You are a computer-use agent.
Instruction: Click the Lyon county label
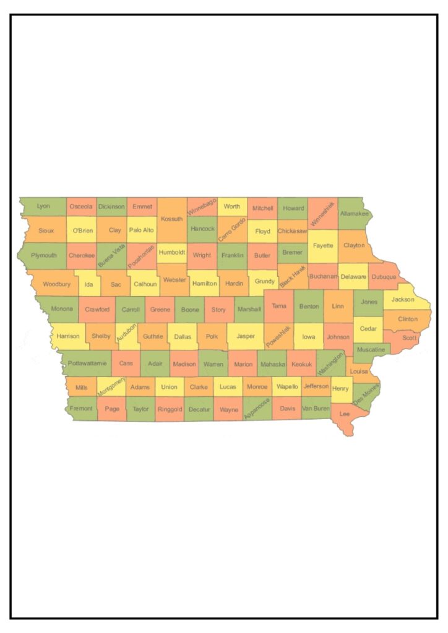pos(43,206)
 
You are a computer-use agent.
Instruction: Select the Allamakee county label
pos(354,214)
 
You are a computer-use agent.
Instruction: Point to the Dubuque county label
pos(384,277)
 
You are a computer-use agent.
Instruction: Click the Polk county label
pos(212,336)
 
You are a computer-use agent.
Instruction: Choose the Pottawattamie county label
pos(87,363)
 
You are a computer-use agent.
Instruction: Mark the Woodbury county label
pos(56,284)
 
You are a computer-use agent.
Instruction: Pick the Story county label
pos(218,309)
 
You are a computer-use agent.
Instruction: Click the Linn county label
pos(338,306)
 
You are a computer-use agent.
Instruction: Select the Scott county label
pos(409,338)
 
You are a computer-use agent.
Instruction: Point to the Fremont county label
pos(81,409)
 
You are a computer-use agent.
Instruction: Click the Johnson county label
pos(338,337)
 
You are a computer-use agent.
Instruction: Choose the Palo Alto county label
pos(141,230)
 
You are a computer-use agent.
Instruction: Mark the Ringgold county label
pos(170,409)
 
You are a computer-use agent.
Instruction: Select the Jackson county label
pos(403,299)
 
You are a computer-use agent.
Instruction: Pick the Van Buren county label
pos(316,409)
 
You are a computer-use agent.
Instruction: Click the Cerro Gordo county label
pos(232,229)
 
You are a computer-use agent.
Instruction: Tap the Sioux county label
pos(46,230)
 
